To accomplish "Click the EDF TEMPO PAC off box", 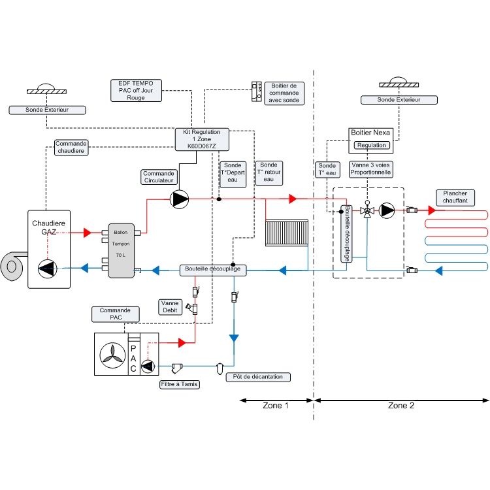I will [x=136, y=90].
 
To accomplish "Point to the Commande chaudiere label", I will [x=71, y=147].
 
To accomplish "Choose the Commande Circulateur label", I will [x=159, y=177].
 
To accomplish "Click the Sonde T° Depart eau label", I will [x=233, y=172].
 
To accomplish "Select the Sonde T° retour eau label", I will [x=269, y=172].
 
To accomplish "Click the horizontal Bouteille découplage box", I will [x=212, y=269].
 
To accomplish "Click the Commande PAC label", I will [x=115, y=314].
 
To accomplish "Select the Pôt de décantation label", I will [x=258, y=378].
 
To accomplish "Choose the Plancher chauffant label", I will [x=455, y=197].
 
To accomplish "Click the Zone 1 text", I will [x=276, y=406].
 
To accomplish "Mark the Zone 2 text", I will [x=401, y=406].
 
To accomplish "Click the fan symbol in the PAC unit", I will [x=111, y=354].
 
